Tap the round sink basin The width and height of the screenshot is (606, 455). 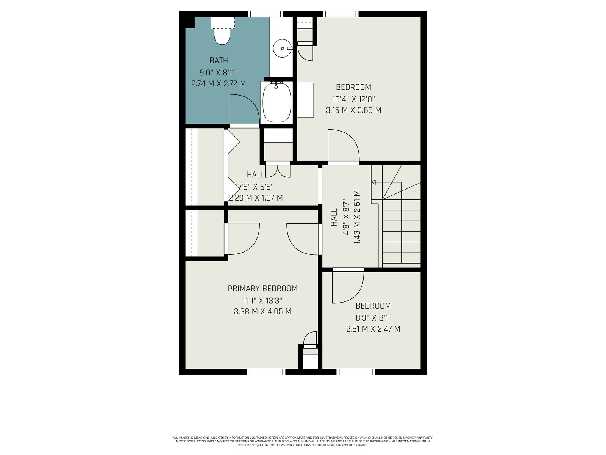pos(282,49)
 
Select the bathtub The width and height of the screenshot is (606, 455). pos(276,102)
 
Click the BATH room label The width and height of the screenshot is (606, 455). pos(219,60)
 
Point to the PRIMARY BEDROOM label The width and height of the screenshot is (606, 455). pos(262,289)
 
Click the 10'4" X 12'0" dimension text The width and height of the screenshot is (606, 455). pos(353,99)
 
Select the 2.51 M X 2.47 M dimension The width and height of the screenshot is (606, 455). pos(373,329)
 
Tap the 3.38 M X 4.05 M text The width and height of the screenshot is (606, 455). pos(262,311)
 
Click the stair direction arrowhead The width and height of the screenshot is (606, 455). pos(373,182)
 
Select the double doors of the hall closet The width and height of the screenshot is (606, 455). pos(278,171)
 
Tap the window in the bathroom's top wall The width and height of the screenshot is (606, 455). pos(266,14)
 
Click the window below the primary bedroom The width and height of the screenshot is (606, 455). pos(266,372)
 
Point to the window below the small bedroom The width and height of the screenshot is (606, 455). pos(356,372)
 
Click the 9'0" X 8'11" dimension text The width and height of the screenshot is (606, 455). pos(219,73)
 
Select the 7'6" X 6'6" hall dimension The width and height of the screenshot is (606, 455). pos(256,187)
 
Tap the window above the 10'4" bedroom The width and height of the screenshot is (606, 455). pos(340,14)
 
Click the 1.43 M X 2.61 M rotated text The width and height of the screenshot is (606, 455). pos(357,217)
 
